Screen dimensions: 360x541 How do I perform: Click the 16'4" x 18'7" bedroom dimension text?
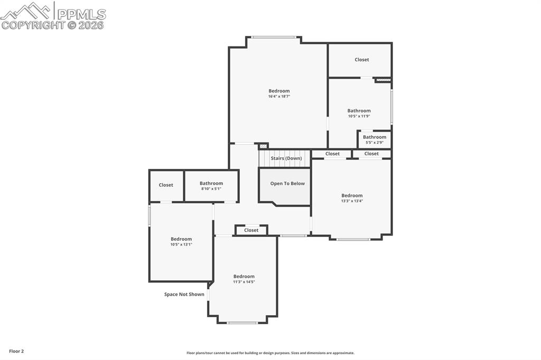pos(279,97)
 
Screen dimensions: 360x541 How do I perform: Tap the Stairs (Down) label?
pos(286,158)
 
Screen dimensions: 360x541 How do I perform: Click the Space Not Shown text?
pos(184,295)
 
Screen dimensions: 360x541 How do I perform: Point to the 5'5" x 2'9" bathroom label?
pos(374,143)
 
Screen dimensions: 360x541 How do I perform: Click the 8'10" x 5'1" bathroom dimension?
pos(211,188)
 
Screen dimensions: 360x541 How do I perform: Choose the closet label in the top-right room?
pos(361,60)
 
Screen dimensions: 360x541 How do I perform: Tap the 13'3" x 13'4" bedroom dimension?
pos(352,201)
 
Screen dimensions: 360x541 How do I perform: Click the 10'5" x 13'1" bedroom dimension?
pos(181,244)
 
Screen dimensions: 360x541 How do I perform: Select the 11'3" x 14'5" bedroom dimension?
pos(244,282)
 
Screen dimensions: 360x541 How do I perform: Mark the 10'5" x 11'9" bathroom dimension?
pos(359,116)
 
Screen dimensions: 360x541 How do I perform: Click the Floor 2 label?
pos(16,351)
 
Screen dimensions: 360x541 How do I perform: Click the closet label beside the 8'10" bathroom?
pos(166,185)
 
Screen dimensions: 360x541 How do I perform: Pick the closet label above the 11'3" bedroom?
pos(251,230)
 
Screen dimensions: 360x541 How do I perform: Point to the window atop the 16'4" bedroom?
pos(274,37)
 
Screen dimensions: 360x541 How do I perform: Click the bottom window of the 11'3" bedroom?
pos(242,323)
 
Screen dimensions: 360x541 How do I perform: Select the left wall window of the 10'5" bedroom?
pos(150,216)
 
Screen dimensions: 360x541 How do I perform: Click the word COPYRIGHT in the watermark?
pos(33,25)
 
